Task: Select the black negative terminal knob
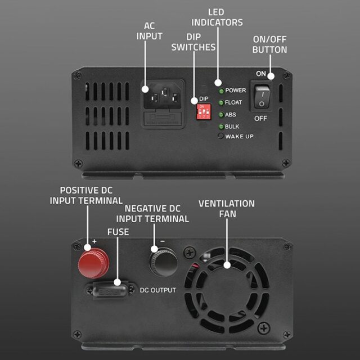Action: point(163,262)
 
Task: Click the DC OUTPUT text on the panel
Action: point(158,290)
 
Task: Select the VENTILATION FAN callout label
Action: point(227,209)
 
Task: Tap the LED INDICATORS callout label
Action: point(217,17)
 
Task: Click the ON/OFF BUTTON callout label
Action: point(269,44)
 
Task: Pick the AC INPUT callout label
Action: point(150,31)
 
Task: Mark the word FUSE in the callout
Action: point(118,231)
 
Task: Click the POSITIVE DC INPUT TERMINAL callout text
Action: point(86,195)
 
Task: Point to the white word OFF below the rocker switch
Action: point(260,119)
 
